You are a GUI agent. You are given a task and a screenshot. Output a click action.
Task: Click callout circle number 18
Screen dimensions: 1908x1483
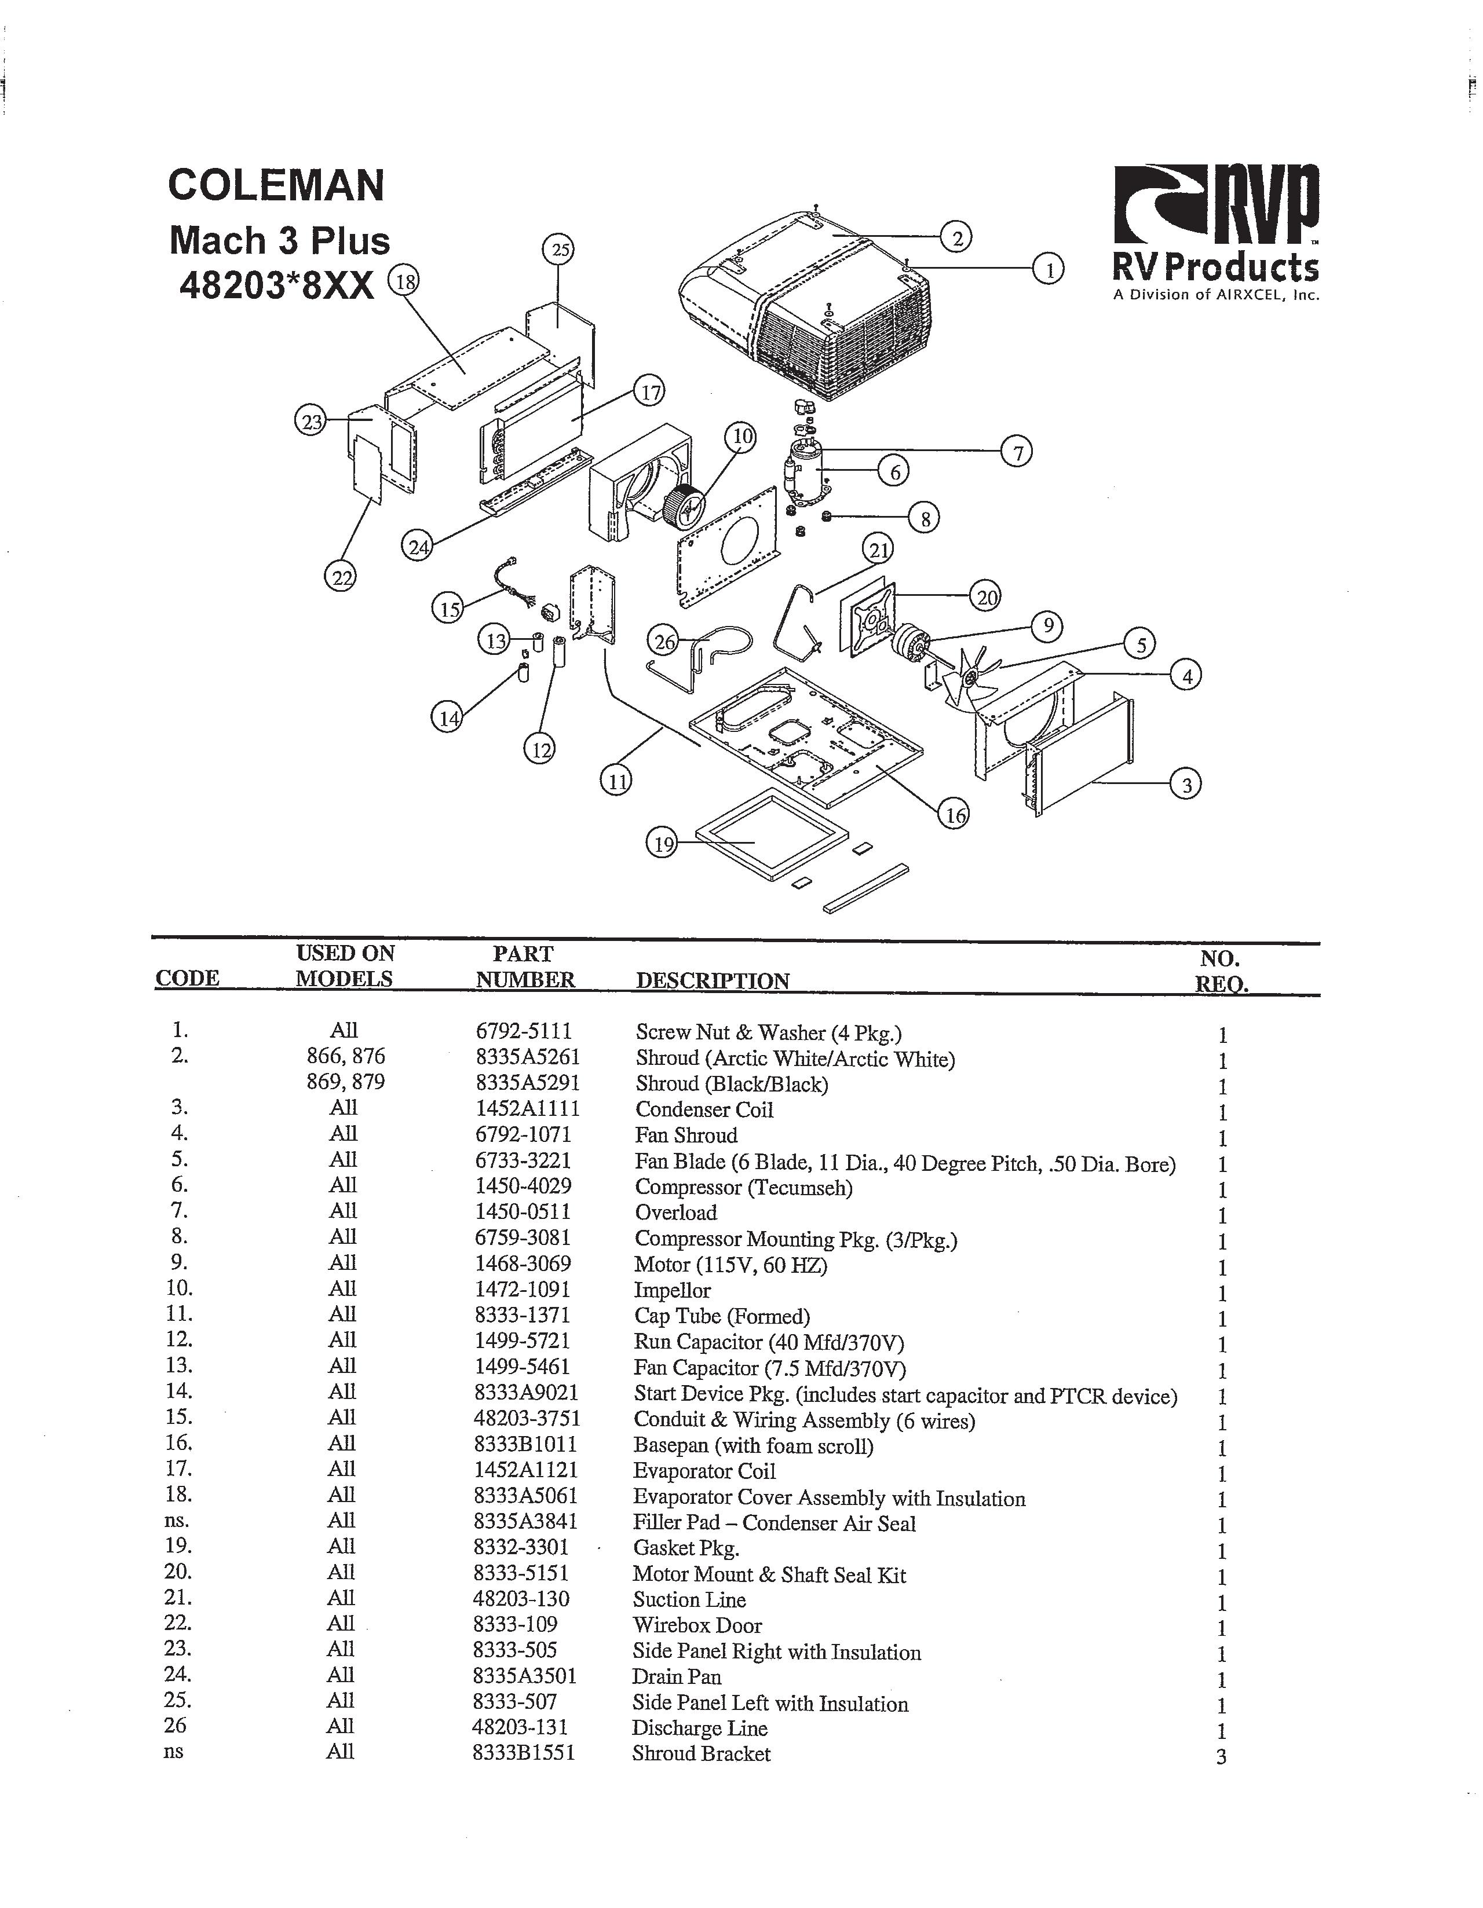pyautogui.click(x=404, y=281)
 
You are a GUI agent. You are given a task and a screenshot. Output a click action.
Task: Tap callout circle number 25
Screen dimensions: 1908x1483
pyautogui.click(x=559, y=250)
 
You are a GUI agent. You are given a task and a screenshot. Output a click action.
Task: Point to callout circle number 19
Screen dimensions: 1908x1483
pyautogui.click(x=662, y=843)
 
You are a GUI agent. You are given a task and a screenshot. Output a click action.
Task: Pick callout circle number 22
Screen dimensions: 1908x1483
pyautogui.click(x=341, y=577)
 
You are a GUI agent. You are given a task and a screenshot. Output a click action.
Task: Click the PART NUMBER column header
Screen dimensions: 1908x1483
pyautogui.click(x=524, y=966)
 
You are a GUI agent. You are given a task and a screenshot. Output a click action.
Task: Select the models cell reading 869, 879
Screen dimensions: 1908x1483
pyautogui.click(x=345, y=1082)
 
